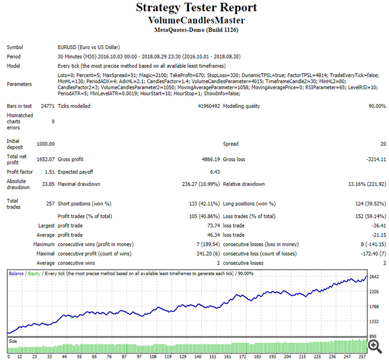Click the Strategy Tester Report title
(196, 8)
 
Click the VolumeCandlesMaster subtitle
(196, 20)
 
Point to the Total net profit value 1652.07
(45, 160)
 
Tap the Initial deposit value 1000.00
(46, 144)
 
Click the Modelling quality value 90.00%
(374, 106)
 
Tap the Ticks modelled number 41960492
(205, 106)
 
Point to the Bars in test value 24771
(47, 106)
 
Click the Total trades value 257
(49, 204)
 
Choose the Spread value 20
(382, 144)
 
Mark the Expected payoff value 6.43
(214, 172)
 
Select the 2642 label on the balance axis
(375, 277)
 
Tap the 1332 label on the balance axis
(375, 321)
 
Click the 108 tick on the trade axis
(152, 356)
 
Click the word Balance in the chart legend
(17, 273)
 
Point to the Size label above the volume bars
(13, 341)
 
